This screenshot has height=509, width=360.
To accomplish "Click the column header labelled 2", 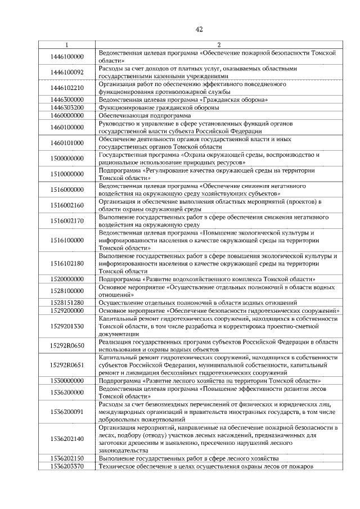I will pyautogui.click(x=218, y=44).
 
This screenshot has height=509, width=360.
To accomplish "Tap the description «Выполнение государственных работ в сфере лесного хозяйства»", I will pyautogui.click(x=190, y=459).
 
